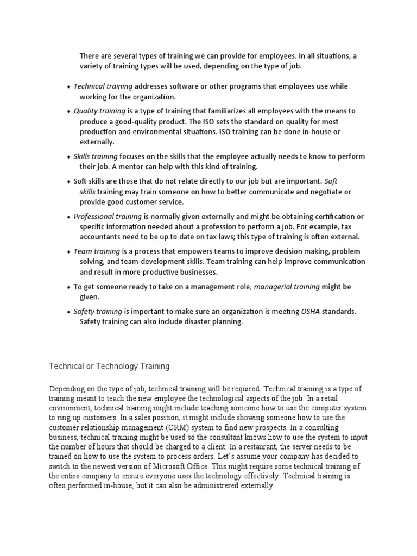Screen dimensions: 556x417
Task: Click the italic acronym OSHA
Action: point(312,311)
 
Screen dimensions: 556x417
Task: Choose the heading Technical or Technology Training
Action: point(109,367)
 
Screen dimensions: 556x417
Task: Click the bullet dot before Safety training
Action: point(68,312)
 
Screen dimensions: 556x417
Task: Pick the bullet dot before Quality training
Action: point(68,111)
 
